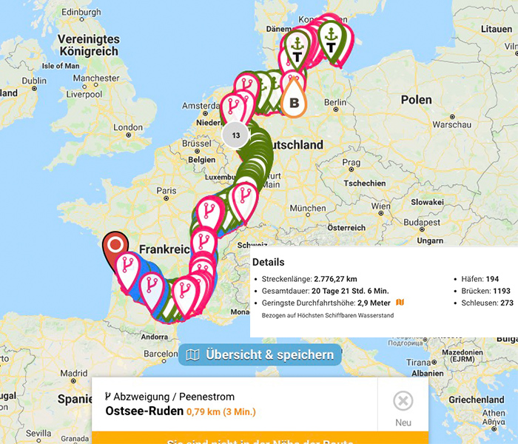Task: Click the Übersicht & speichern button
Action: [x=260, y=355]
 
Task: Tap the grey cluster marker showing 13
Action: [x=236, y=135]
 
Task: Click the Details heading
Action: [x=268, y=262]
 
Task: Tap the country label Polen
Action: [x=416, y=99]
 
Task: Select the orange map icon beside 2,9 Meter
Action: [x=400, y=303]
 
